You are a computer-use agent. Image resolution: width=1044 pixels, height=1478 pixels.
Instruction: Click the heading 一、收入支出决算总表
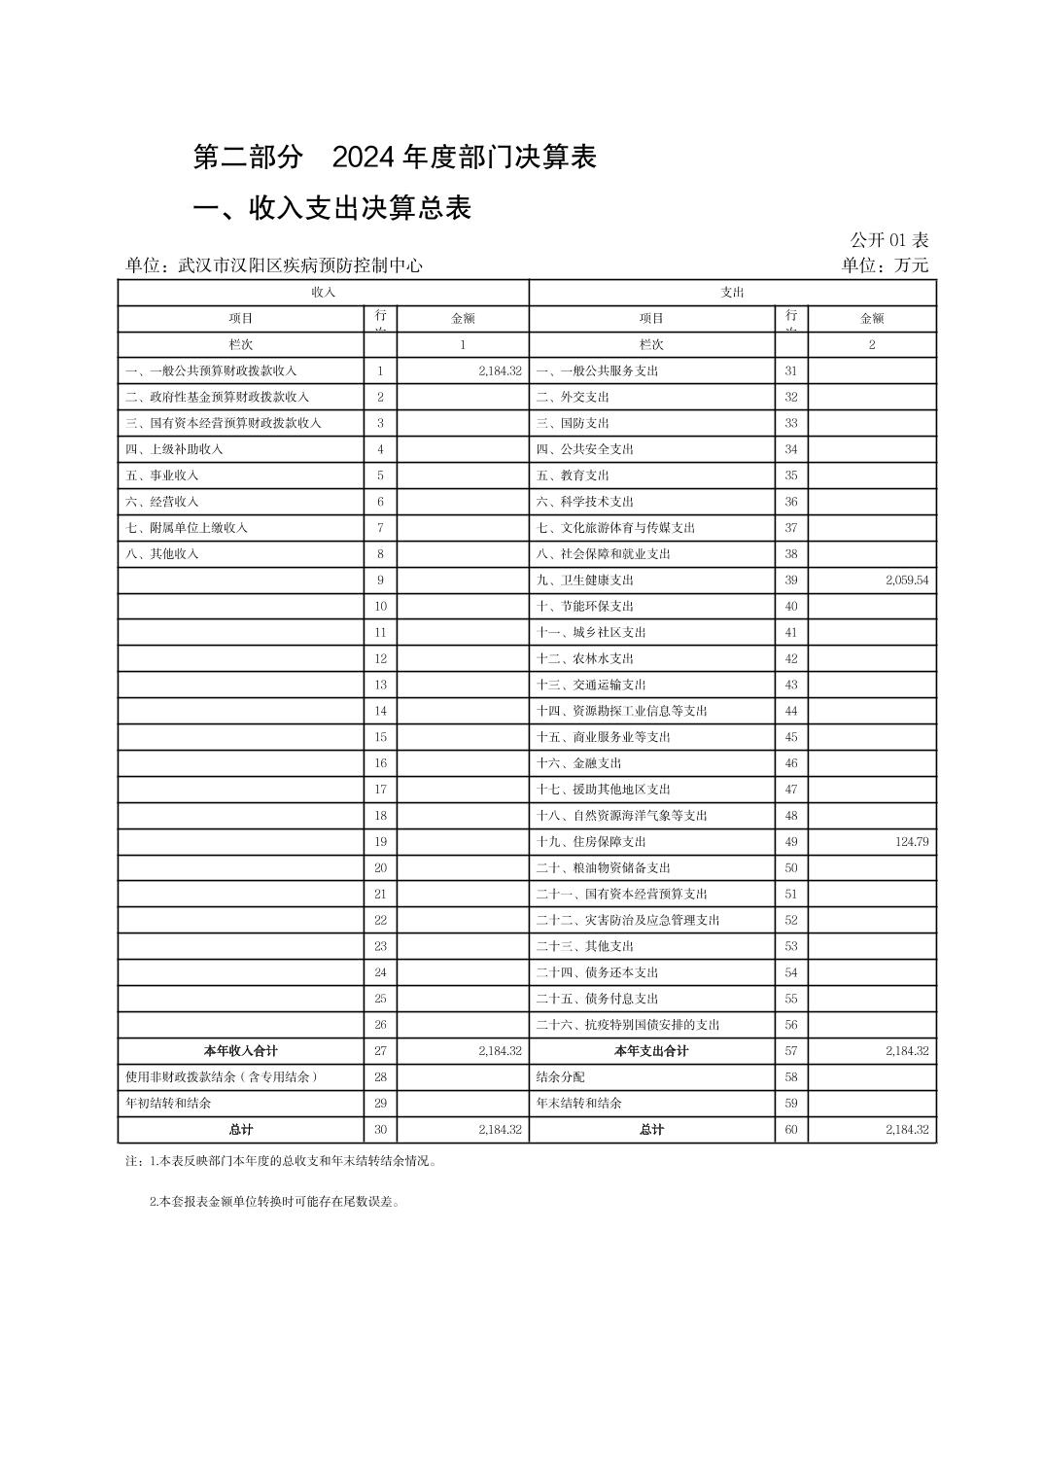click(x=332, y=208)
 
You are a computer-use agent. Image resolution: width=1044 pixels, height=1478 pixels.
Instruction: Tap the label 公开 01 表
click(x=888, y=240)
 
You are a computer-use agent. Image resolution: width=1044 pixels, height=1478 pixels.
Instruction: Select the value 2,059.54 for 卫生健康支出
click(x=906, y=581)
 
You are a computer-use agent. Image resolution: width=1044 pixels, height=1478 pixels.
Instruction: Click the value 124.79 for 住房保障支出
click(x=911, y=842)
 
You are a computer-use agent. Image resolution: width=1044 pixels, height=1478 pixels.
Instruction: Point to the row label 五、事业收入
click(x=162, y=475)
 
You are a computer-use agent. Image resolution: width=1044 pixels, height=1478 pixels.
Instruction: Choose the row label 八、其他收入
click(x=162, y=554)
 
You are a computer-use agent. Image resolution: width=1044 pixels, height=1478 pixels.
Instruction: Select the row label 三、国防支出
click(x=573, y=423)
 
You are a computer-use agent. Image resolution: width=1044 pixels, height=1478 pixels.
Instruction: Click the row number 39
click(x=791, y=581)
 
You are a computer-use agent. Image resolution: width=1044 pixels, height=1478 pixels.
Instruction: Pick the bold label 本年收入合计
click(x=240, y=1051)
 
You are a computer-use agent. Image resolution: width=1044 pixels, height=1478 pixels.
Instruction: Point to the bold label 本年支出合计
click(x=651, y=1051)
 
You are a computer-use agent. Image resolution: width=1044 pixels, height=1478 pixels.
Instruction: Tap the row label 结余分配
click(x=560, y=1077)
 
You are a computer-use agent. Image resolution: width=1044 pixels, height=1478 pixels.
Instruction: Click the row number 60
click(x=791, y=1130)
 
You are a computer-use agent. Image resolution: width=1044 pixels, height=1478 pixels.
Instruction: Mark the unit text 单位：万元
click(x=885, y=265)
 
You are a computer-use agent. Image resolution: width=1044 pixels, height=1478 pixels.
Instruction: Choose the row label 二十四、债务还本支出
click(x=597, y=972)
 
